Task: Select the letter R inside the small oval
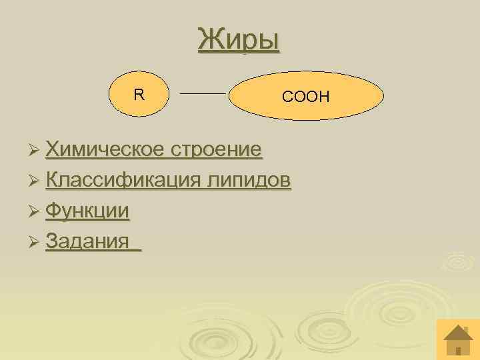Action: tap(138, 95)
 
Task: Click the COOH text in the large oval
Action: tap(306, 97)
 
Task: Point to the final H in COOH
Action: tap(324, 97)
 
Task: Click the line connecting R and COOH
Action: tap(204, 94)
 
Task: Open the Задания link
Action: tap(87, 240)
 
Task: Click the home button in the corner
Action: tap(457, 339)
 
